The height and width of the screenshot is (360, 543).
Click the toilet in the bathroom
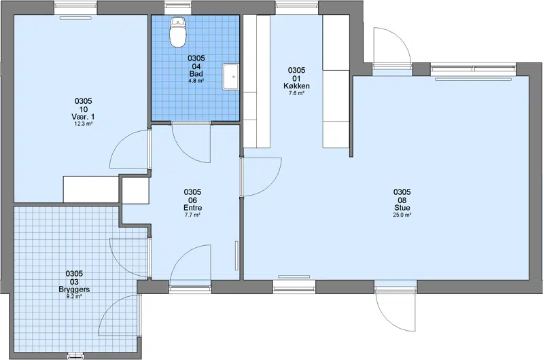coord(178,32)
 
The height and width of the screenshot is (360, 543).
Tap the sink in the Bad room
coord(230,77)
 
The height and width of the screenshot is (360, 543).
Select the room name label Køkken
coord(296,86)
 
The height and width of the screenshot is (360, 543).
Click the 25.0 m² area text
coord(402,215)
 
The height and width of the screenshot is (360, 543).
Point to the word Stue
coord(402,208)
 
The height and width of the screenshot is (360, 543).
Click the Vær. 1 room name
coord(83,117)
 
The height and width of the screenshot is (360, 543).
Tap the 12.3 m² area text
coord(83,124)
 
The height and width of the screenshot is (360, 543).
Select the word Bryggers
coord(74,289)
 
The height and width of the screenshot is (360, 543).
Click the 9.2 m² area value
coord(74,296)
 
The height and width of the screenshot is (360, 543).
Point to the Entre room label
coord(192,208)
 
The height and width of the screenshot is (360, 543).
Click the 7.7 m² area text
coord(192,215)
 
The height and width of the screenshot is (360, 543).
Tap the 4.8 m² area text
coord(196,81)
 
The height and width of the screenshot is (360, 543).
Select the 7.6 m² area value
coord(296,93)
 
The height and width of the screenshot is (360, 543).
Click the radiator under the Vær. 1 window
coord(75,18)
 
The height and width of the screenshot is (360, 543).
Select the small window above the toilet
coord(178,5)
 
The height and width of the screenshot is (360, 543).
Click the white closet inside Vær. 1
coord(91,190)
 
